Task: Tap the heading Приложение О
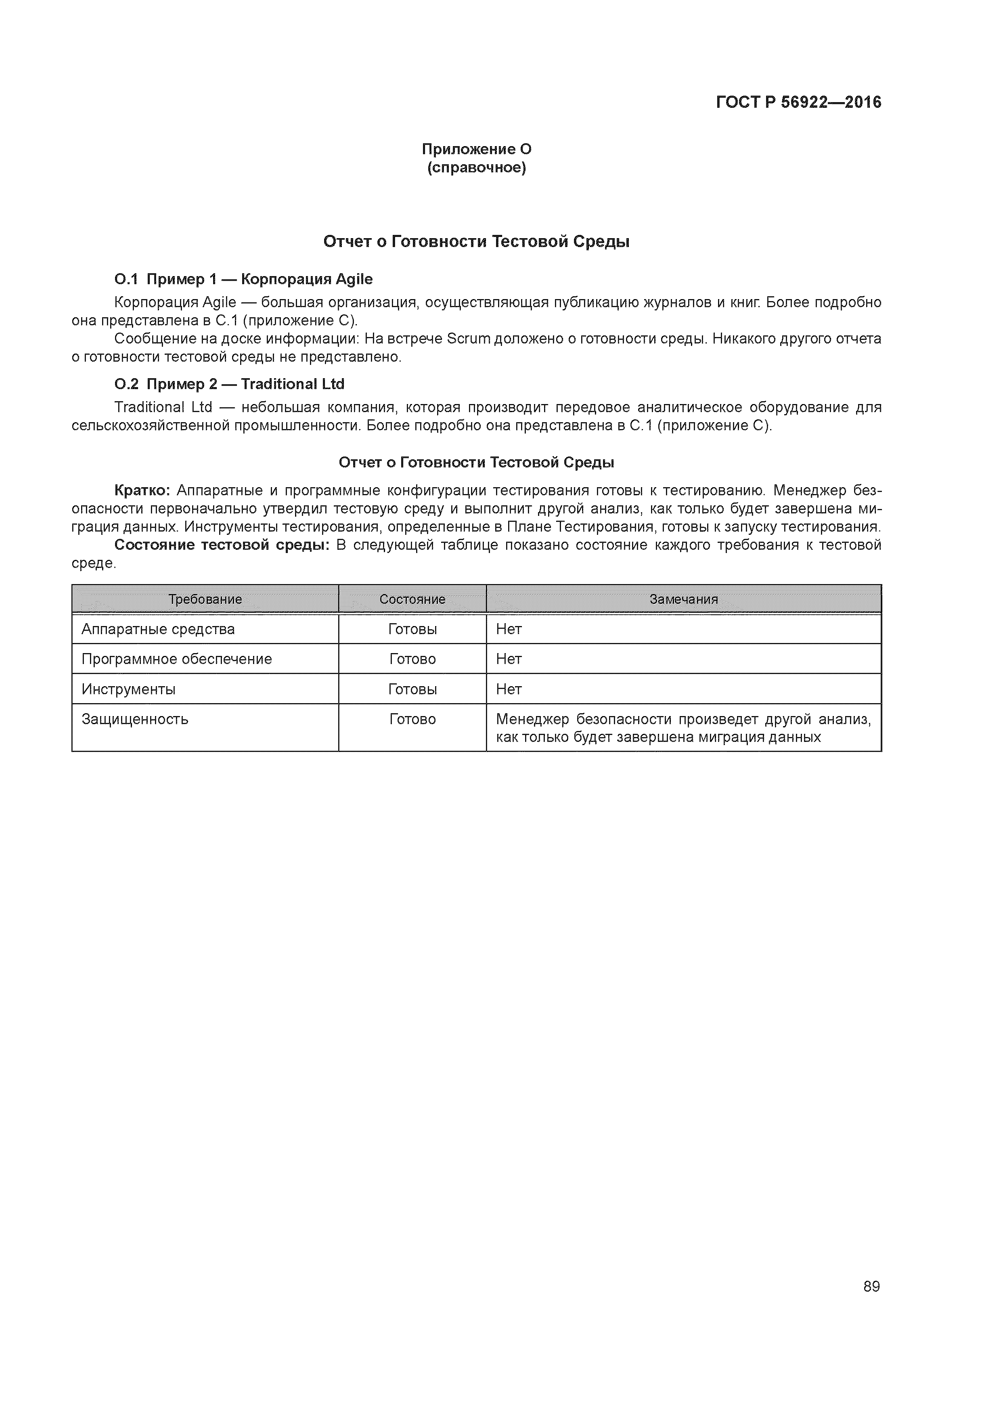tap(476, 149)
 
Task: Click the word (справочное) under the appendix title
tap(476, 168)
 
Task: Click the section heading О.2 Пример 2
tap(229, 384)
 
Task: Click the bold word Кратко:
tap(142, 490)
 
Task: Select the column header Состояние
tap(412, 599)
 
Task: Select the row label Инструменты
tap(128, 689)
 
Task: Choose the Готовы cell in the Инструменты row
tap(412, 689)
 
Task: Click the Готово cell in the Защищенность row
tap(412, 719)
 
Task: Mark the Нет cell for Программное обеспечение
tap(509, 659)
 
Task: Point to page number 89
tap(871, 1286)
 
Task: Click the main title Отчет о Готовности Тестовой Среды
tap(476, 242)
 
